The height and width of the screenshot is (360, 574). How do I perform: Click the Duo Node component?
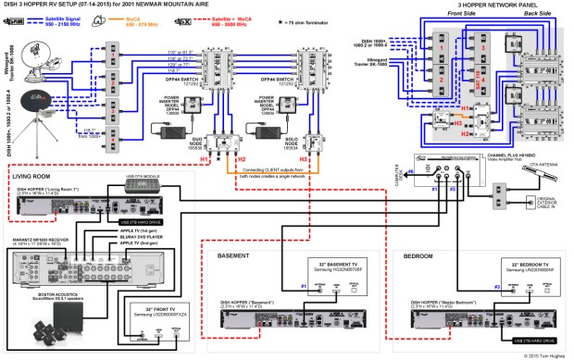coord(219,143)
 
